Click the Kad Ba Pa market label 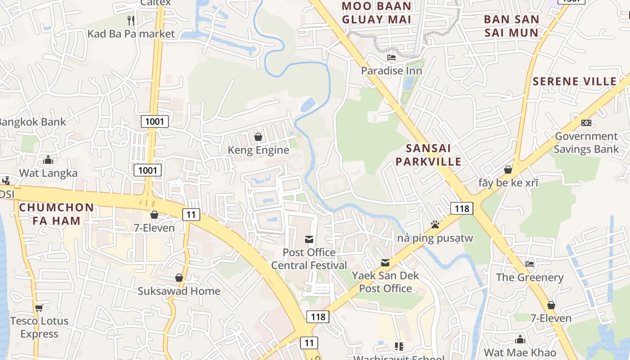click(x=131, y=34)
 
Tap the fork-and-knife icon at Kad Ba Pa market click(x=131, y=20)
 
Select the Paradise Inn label click(x=391, y=71)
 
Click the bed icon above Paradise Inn click(x=391, y=58)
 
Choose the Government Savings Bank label click(x=586, y=143)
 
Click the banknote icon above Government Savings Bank click(x=586, y=122)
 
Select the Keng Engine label click(x=258, y=150)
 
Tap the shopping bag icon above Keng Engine click(x=258, y=137)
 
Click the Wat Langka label click(x=48, y=173)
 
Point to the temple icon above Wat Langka click(x=48, y=160)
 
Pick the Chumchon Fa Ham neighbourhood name click(x=56, y=214)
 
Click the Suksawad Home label click(x=179, y=291)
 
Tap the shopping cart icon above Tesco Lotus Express click(x=39, y=308)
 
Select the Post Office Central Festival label click(x=309, y=259)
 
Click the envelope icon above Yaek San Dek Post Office click(x=385, y=262)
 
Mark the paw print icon click(x=435, y=225)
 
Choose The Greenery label click(x=530, y=277)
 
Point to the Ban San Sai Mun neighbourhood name click(x=511, y=26)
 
